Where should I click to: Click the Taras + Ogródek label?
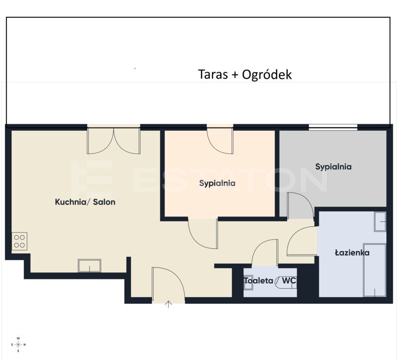[x=245, y=75]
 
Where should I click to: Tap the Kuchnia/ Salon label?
[x=85, y=202]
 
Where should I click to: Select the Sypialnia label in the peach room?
[x=217, y=183]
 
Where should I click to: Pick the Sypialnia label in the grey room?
[x=333, y=167]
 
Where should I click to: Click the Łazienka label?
[x=352, y=253]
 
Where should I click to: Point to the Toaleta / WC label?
[x=270, y=280]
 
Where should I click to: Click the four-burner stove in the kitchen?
[x=19, y=241]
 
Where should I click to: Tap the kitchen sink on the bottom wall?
[x=90, y=266]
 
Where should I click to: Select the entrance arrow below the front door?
[x=168, y=304]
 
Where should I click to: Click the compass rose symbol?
[x=18, y=345]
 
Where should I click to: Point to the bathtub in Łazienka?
[x=375, y=270]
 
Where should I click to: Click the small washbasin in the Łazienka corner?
[x=380, y=222]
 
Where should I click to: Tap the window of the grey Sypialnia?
[x=333, y=127]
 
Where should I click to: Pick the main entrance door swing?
[x=168, y=285]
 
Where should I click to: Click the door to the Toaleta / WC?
[x=265, y=253]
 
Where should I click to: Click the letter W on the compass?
[x=18, y=338]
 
